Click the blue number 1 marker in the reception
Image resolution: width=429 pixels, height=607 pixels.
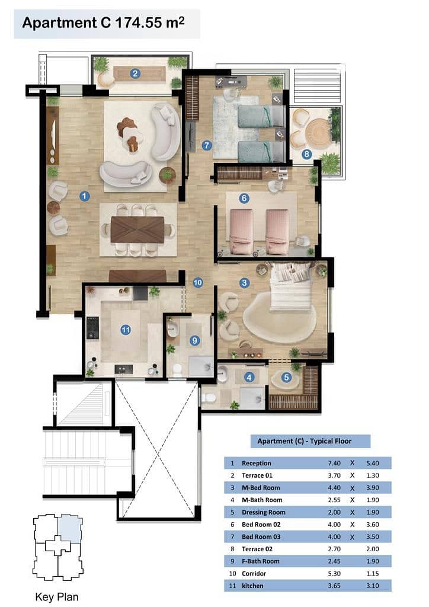[x=84, y=196]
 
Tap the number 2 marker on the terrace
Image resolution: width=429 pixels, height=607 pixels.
[x=135, y=74]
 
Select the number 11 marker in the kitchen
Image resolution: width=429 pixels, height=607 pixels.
[x=126, y=330]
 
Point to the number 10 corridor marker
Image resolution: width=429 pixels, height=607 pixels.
[x=198, y=283]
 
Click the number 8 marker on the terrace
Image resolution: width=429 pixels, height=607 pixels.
[x=306, y=155]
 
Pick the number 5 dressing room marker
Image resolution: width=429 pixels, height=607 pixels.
[x=286, y=378]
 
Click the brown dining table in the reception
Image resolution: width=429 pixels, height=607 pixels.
[x=137, y=229]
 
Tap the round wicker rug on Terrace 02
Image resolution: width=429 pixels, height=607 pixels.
[x=319, y=133]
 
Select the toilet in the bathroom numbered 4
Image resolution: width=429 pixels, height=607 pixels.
[x=210, y=398]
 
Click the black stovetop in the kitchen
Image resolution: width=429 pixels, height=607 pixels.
[x=92, y=328]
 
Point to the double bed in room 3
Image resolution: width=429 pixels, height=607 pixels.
[x=292, y=286]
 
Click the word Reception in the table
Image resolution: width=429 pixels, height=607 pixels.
[x=256, y=463]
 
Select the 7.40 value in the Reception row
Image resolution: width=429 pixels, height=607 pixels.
[x=334, y=463]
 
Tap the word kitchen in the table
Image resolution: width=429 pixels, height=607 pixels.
[x=252, y=586]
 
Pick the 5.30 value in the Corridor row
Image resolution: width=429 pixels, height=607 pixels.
[x=334, y=573]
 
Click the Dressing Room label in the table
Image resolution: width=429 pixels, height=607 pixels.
[x=264, y=512]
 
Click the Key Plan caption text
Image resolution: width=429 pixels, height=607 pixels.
[x=56, y=597]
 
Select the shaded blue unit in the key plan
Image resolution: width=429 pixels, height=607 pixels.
[x=69, y=529]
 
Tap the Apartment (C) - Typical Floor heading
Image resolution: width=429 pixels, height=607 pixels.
[x=305, y=441]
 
